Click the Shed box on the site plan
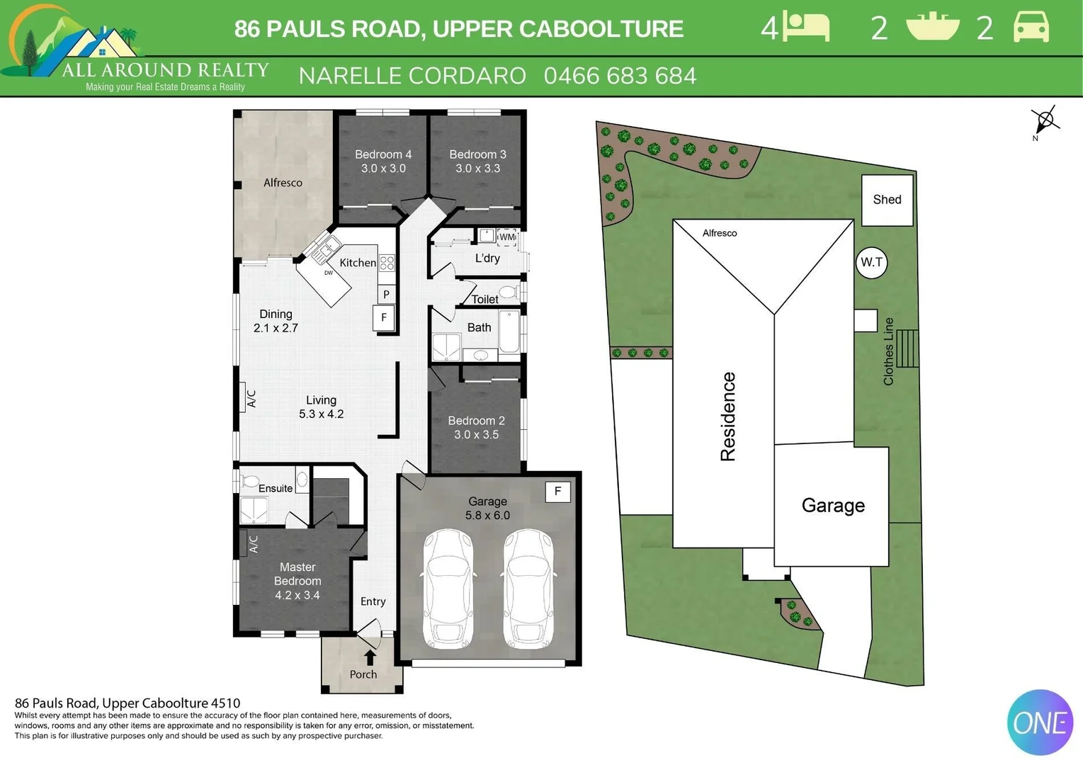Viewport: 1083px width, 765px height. (887, 200)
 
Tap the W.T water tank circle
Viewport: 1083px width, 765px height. (871, 263)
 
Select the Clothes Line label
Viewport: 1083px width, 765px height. (888, 351)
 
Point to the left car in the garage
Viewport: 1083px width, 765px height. (448, 588)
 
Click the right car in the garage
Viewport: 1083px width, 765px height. (528, 588)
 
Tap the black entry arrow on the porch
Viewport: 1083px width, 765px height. (370, 657)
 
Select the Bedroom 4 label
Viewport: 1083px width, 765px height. (383, 154)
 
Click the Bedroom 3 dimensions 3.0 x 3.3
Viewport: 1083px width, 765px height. (477, 169)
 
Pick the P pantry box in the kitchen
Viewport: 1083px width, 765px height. (386, 294)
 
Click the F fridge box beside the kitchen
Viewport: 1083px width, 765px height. (383, 317)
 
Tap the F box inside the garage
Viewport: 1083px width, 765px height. (557, 492)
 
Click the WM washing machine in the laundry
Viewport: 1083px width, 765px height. (507, 237)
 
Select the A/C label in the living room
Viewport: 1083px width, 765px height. (251, 399)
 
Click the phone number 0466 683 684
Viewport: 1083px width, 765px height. (620, 76)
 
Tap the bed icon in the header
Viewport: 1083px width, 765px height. (807, 28)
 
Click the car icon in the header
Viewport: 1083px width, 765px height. (1031, 28)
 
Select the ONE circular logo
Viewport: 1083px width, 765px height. (1040, 722)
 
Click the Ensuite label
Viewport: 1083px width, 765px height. (276, 488)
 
